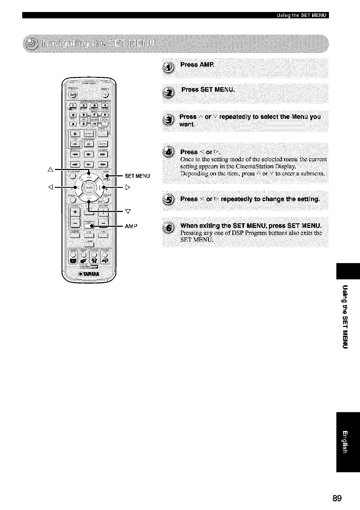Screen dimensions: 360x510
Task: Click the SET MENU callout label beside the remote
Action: [x=137, y=176]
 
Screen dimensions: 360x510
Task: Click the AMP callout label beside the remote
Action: [x=131, y=226]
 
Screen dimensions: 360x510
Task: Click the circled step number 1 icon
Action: [x=170, y=67]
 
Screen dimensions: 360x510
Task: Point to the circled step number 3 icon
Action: [x=170, y=120]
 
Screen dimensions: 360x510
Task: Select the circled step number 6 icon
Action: [x=170, y=228]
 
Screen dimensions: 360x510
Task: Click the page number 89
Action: [x=337, y=498]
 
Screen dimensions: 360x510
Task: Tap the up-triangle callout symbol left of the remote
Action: [x=50, y=170]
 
